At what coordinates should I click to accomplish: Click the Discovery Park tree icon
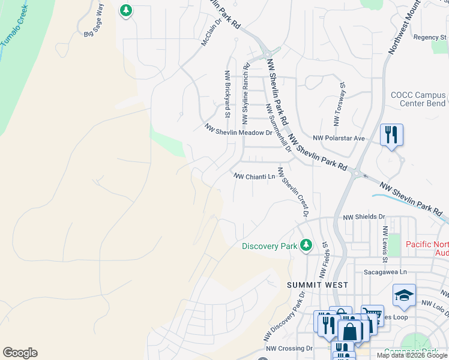306,245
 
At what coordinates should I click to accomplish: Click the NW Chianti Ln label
255,176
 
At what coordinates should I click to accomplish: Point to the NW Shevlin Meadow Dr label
238,130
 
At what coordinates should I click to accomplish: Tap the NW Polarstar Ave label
343,138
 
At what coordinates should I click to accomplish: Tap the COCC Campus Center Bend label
418,99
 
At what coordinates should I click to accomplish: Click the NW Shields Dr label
363,217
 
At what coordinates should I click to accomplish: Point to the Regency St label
430,37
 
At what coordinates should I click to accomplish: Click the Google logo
20,353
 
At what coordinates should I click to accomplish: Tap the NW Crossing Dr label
289,348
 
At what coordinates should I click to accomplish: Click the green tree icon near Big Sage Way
125,10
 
